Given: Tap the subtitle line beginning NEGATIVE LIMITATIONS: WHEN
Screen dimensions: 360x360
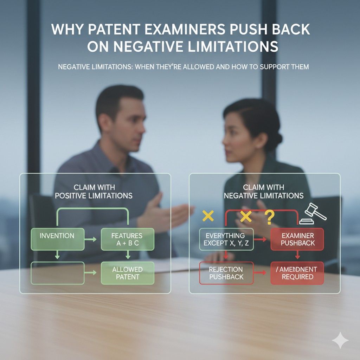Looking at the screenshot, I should pyautogui.click(x=183, y=66).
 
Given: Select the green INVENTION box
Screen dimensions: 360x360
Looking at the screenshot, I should pyautogui.click(x=58, y=239).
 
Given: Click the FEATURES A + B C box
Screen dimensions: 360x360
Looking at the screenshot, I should pyautogui.click(x=127, y=239).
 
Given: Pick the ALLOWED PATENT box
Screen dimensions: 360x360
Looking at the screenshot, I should pyautogui.click(x=127, y=273).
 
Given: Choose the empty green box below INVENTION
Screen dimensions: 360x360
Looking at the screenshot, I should pyautogui.click(x=58, y=273).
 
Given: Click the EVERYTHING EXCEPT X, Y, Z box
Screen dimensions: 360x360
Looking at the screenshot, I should pyautogui.click(x=226, y=239).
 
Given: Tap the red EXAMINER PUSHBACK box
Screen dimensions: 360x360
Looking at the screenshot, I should pyautogui.click(x=297, y=239).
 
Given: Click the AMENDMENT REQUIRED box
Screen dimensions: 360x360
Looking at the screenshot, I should pyautogui.click(x=297, y=273).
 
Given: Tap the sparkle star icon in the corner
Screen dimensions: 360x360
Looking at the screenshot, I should pyautogui.click(x=340, y=340).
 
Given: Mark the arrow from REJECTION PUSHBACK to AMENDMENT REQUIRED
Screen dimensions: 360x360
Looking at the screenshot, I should pyautogui.click(x=262, y=273).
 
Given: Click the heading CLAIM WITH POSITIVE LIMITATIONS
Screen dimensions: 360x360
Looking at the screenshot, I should pyautogui.click(x=94, y=192).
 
